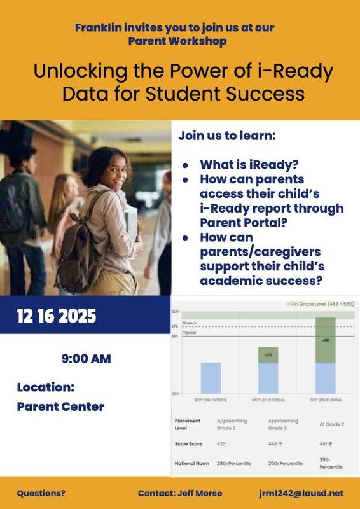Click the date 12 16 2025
coord(57,316)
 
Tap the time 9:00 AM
coord(86,359)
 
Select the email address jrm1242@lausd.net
coord(301,493)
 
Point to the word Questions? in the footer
coord(41,493)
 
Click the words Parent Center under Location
coord(60,407)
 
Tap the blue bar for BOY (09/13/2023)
coord(211,378)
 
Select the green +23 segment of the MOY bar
coord(268,355)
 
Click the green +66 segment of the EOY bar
coord(325,340)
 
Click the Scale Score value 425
coord(222,443)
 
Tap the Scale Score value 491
coord(324,443)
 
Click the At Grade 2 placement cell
coord(331,423)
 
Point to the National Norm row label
coord(191,463)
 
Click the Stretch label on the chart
coord(189,323)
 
